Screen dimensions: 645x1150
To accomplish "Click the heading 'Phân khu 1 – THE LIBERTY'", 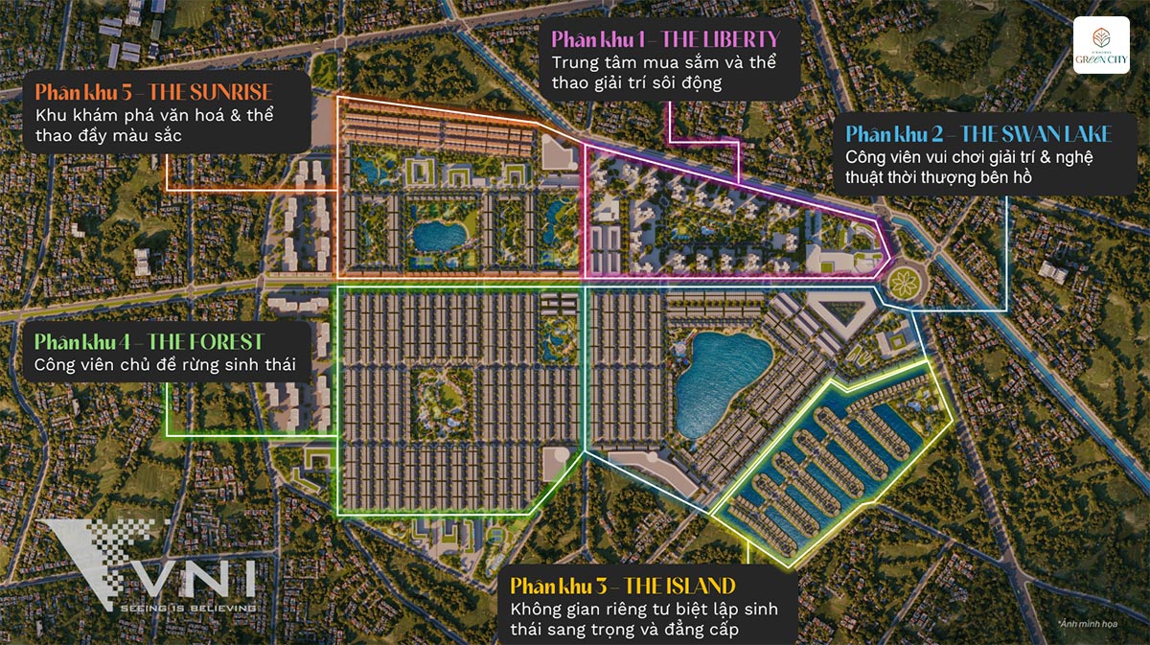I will (665, 39).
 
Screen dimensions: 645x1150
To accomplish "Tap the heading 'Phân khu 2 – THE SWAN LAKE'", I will (978, 133).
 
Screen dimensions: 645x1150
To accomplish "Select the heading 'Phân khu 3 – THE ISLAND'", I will (622, 586).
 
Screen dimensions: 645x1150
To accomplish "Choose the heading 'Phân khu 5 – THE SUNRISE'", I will (153, 93).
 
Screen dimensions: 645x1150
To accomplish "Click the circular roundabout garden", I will (904, 282).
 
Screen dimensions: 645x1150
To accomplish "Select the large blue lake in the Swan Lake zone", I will (721, 370).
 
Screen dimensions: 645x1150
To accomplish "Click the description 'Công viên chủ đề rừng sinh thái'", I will (165, 365).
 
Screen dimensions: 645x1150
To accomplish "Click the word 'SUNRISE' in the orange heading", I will (229, 93).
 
